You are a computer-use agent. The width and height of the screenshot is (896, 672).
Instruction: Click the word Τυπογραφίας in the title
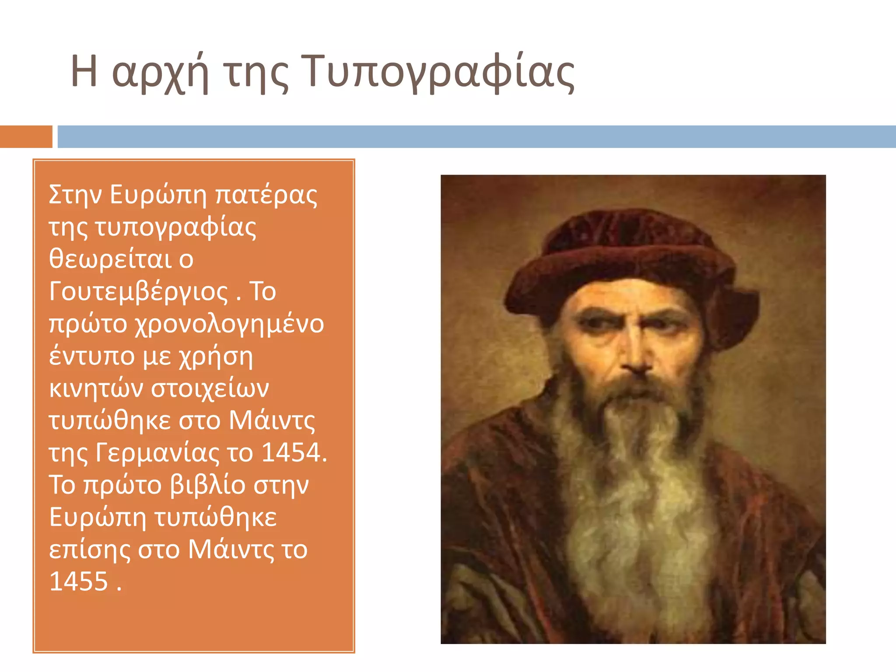coord(437,72)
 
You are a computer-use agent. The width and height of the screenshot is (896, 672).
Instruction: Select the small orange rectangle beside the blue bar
coord(26,136)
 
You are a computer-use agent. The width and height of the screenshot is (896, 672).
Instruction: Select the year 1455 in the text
coord(79,581)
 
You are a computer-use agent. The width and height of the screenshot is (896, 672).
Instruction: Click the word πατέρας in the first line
coord(266,195)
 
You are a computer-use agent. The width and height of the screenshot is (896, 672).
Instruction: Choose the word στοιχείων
coord(210,388)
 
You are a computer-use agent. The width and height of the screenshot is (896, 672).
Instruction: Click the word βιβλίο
coord(208,485)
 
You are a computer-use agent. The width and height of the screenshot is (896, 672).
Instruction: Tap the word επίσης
coord(90,549)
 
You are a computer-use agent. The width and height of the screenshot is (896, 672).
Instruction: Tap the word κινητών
coord(96,388)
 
